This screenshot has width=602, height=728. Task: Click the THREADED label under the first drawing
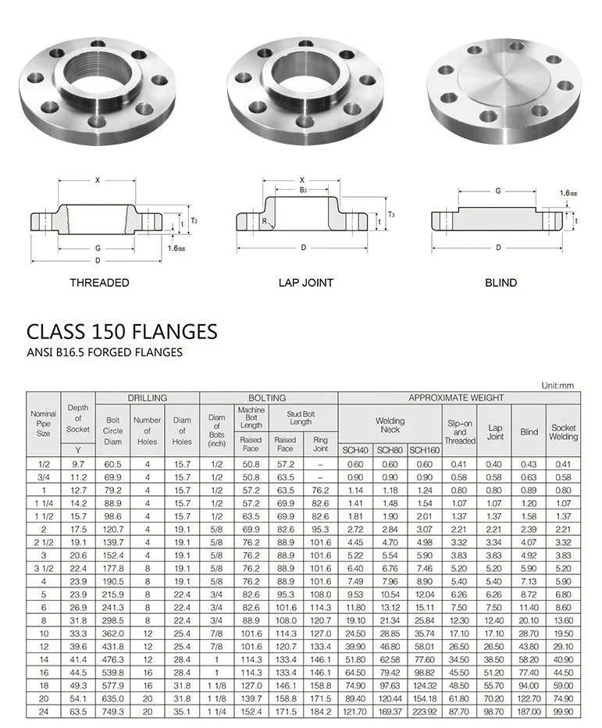[x=99, y=282]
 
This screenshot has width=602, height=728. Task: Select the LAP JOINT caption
[x=305, y=282]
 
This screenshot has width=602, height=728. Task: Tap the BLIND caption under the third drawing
[x=500, y=282]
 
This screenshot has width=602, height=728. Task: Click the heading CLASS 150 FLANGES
[x=122, y=331]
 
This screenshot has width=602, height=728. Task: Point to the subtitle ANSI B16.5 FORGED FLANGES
[x=105, y=352]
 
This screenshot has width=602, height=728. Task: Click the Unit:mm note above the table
[x=557, y=385]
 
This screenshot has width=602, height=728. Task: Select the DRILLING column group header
[x=148, y=398]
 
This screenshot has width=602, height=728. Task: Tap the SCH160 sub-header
[x=425, y=450]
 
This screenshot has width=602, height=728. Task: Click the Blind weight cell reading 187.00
[x=529, y=712]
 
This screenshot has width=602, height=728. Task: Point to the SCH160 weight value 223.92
[x=425, y=712]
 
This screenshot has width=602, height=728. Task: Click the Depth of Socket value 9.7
[x=78, y=464]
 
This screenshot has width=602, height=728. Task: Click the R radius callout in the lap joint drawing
[x=267, y=221]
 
